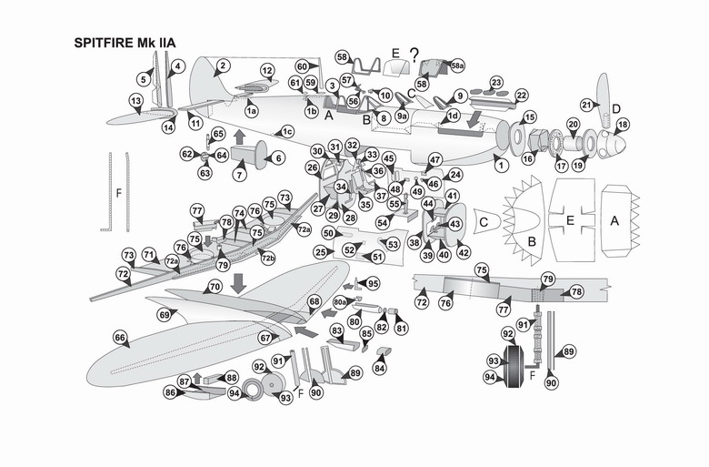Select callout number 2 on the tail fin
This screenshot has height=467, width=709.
[222, 66]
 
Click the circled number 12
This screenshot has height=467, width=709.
[267, 70]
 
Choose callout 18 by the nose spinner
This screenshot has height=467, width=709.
[623, 125]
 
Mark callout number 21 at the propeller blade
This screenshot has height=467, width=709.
[587, 106]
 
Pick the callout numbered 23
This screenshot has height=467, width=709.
[496, 83]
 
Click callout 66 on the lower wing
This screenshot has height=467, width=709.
[119, 337]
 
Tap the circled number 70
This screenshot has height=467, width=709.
[215, 287]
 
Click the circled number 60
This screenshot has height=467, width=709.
[302, 66]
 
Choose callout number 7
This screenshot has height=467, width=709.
[241, 173]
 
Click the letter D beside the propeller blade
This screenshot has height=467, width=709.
[615, 109]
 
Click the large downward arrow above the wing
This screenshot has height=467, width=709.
[238, 282]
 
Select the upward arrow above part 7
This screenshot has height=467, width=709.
[240, 137]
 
